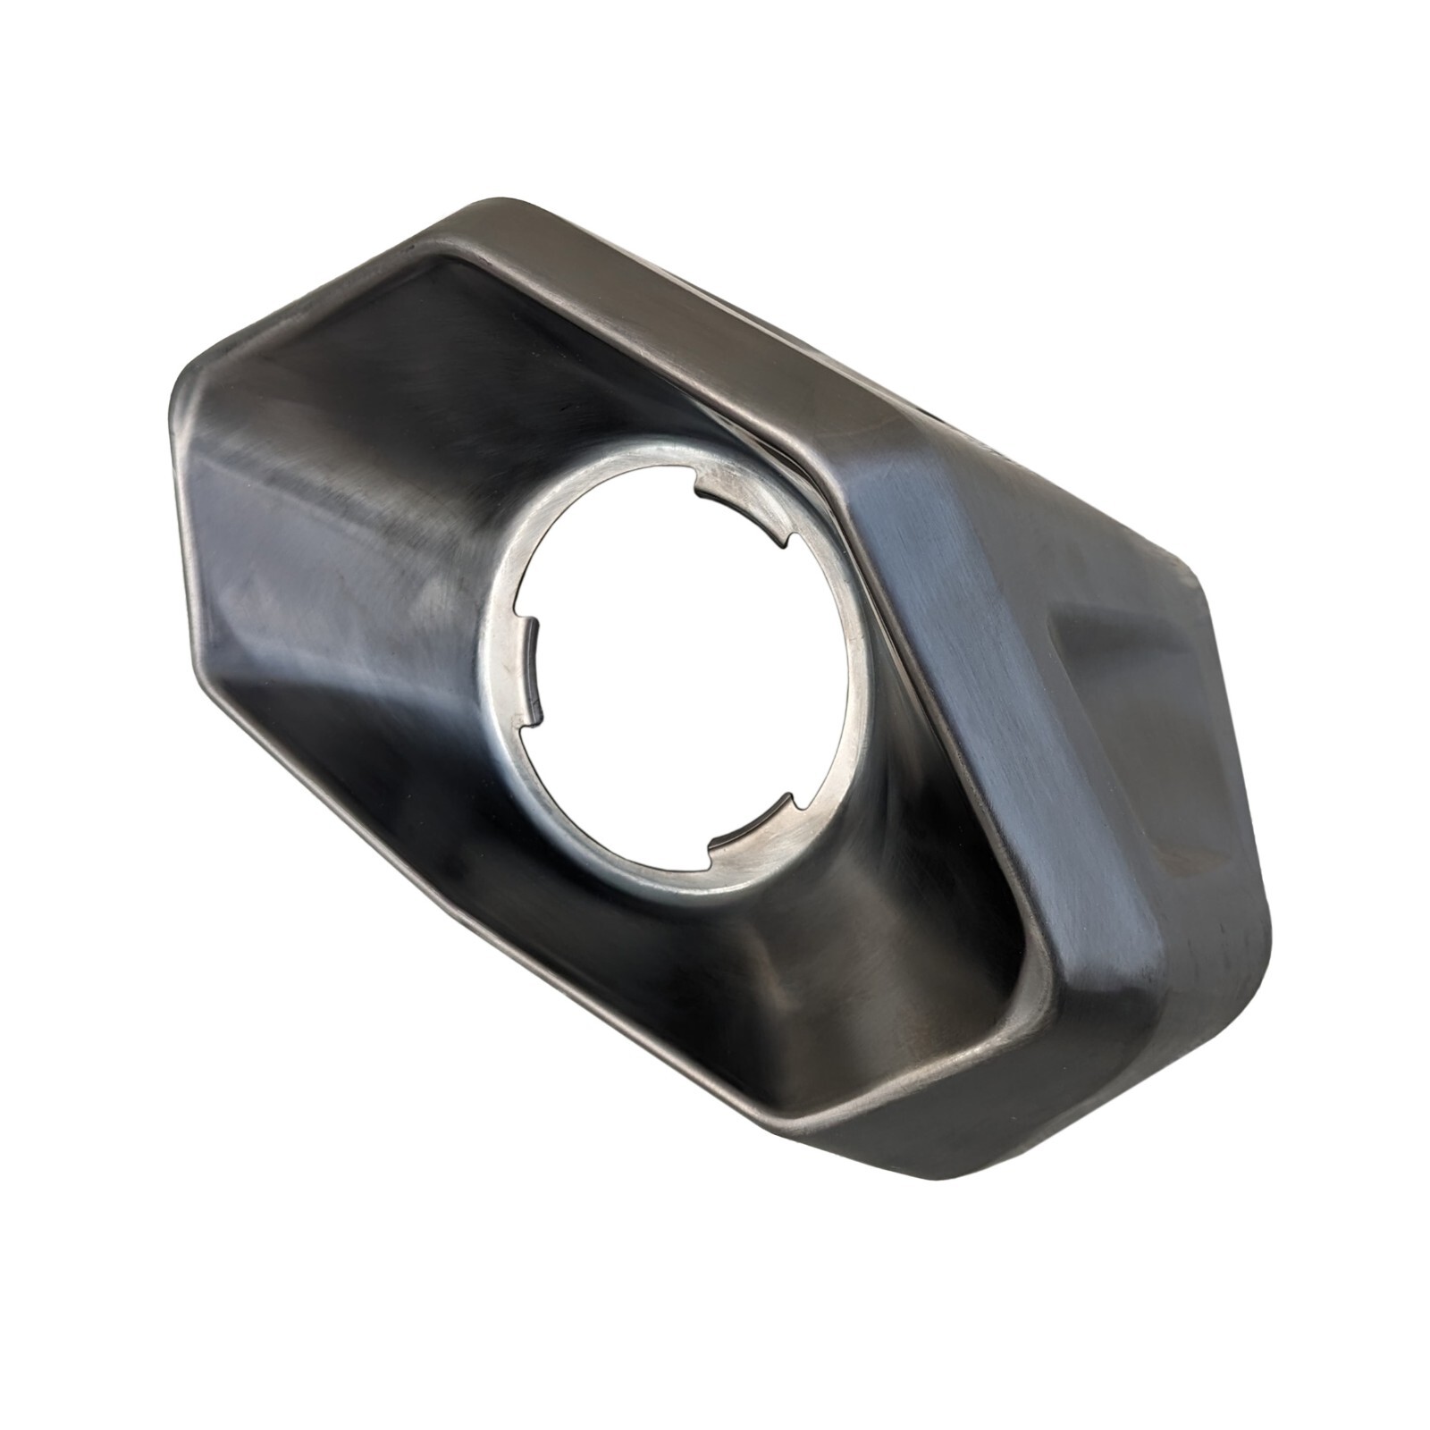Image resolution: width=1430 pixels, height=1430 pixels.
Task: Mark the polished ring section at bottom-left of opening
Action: pos(572,804)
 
